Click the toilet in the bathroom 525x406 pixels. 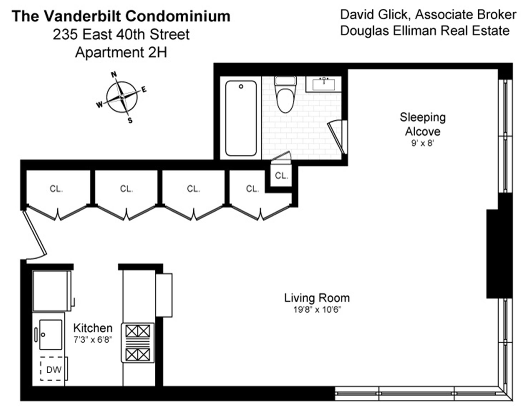coord(285,96)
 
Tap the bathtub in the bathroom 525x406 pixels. coord(241,118)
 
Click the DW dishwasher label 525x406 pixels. coord(54,370)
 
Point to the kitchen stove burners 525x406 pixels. coord(138,343)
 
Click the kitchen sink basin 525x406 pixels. coord(51,334)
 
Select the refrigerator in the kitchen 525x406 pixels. coord(52,291)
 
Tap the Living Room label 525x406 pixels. coord(317,298)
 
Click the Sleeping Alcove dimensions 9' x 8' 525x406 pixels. coord(422,143)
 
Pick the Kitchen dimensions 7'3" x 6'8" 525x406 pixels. coord(93,340)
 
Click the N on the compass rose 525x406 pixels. coord(114,74)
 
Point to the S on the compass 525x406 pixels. coord(130,120)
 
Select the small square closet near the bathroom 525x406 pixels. coord(281,175)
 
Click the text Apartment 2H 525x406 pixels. coord(121,52)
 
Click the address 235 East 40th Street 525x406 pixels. coord(121,34)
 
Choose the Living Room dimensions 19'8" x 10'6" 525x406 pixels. coord(317,310)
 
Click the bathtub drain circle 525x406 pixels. coord(241,86)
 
